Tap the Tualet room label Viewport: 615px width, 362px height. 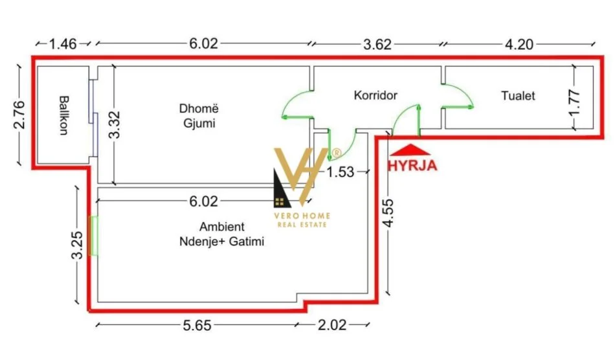518,96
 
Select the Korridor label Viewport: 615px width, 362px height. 375,95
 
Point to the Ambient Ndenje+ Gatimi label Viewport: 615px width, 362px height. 222,234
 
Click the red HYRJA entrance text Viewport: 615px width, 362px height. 412,164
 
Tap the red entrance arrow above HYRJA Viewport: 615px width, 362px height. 405,148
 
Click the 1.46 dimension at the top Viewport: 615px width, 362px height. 63,44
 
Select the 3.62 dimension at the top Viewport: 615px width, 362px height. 376,44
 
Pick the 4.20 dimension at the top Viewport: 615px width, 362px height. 520,44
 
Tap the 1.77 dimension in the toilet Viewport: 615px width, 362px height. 574,100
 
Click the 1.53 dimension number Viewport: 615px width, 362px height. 341,172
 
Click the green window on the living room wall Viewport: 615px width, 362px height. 94,236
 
